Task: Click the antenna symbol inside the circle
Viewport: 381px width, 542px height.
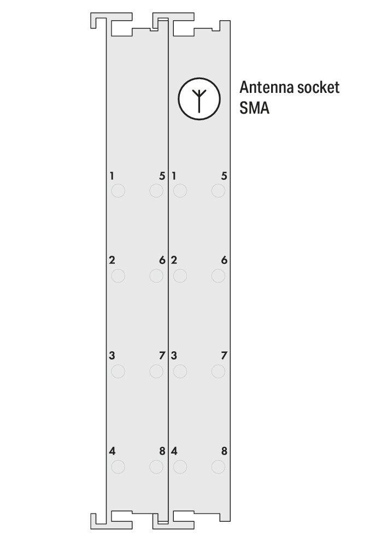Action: coord(198,98)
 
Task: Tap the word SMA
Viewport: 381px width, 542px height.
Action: coord(254,108)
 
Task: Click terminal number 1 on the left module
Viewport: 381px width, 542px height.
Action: coord(112,176)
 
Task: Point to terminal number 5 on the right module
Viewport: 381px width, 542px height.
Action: coord(224,176)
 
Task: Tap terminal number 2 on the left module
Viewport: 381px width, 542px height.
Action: coord(112,260)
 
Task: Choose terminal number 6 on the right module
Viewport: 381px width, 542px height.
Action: coord(224,260)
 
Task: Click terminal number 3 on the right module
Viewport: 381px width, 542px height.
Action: coord(174,356)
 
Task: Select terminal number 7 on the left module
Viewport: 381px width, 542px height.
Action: coord(162,356)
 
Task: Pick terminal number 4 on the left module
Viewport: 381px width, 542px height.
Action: coord(112,451)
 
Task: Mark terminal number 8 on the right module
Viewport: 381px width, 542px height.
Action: coord(224,451)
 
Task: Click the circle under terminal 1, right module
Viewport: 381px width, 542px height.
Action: coord(180,191)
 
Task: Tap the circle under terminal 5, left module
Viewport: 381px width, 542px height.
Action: coord(156,191)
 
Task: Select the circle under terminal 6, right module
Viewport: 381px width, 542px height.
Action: coord(218,276)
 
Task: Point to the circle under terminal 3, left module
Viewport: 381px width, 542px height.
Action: coord(118,372)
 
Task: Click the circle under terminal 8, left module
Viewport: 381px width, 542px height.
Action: coord(156,467)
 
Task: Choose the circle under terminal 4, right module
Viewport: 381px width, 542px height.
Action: coord(180,467)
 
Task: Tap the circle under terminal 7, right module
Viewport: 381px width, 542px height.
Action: coord(218,372)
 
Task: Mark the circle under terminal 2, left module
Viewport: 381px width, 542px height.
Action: coord(118,276)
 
